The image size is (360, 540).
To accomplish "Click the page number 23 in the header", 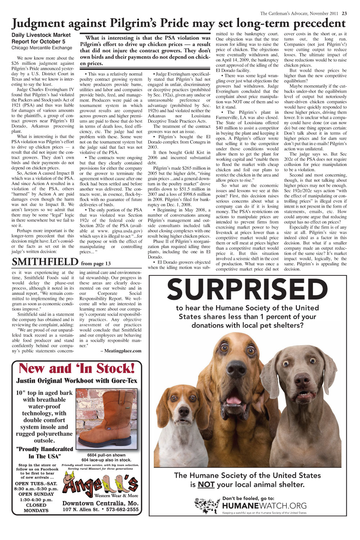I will click(344, 14).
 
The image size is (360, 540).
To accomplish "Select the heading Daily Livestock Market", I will click(41, 35).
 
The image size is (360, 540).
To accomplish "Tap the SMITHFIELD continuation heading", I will click(45, 262).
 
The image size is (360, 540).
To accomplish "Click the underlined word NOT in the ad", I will click(206, 485).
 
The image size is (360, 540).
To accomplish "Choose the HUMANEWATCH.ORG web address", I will click(265, 506).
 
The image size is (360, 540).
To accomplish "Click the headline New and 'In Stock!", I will click(77, 368).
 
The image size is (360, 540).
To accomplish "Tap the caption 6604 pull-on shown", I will click(106, 455).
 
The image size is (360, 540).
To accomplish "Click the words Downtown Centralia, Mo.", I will click(100, 503).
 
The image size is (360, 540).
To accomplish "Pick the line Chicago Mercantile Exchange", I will click(42, 48).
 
